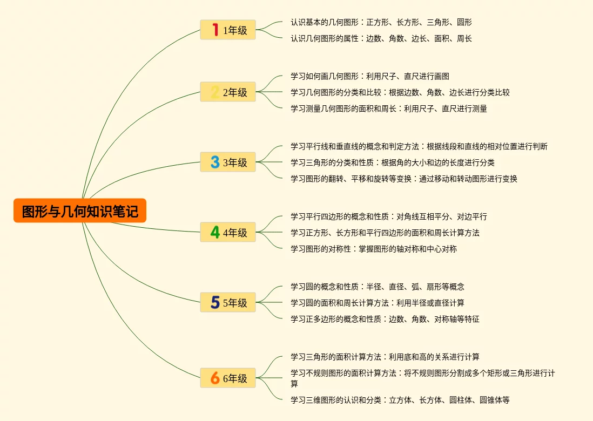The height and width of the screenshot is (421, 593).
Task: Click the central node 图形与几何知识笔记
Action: [x=80, y=210]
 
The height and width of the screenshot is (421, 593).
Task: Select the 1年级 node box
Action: [x=228, y=30]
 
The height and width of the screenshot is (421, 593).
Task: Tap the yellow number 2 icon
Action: [x=215, y=92]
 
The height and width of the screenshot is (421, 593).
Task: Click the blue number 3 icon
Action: [x=215, y=162]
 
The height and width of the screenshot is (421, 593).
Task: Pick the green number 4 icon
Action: [x=215, y=233]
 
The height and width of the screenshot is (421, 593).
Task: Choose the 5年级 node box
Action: [x=228, y=303]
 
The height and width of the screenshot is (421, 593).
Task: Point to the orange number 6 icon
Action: [x=215, y=378]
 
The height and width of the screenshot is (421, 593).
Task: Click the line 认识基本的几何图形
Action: [x=381, y=22]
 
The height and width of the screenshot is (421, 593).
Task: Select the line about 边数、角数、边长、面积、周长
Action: [x=381, y=38]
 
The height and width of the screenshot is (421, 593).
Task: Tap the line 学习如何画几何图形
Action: [x=369, y=76]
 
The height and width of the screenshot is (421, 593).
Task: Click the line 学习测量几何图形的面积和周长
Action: [x=388, y=108]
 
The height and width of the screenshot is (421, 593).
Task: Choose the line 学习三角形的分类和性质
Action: [x=392, y=162]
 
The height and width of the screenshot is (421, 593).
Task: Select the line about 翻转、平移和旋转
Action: [x=403, y=179]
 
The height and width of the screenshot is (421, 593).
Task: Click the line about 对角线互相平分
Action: [x=388, y=216]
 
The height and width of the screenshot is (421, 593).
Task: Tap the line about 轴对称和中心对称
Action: [x=373, y=249]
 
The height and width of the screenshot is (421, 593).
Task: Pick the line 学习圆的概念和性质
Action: [x=377, y=287]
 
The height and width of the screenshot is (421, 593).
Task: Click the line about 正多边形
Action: [x=385, y=319]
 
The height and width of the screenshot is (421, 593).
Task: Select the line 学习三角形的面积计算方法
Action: [x=385, y=357]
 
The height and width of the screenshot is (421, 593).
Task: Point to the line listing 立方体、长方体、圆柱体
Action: [x=400, y=400]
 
